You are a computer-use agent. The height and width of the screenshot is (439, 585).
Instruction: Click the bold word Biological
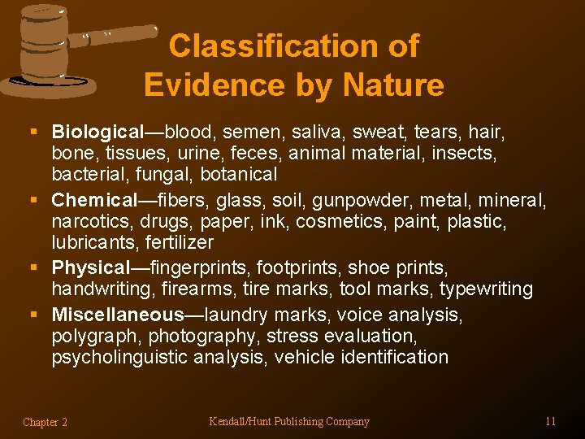[x=97, y=132]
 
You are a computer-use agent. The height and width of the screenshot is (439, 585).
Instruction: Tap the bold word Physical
[x=90, y=267]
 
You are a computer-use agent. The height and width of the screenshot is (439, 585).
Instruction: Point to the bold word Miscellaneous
[x=118, y=315]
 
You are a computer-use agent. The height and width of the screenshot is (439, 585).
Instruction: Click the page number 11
[x=551, y=421]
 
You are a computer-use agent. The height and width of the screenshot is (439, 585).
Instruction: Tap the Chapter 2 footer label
[x=45, y=422]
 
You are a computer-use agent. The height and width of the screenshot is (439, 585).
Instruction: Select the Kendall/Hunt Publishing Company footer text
[x=289, y=421]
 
